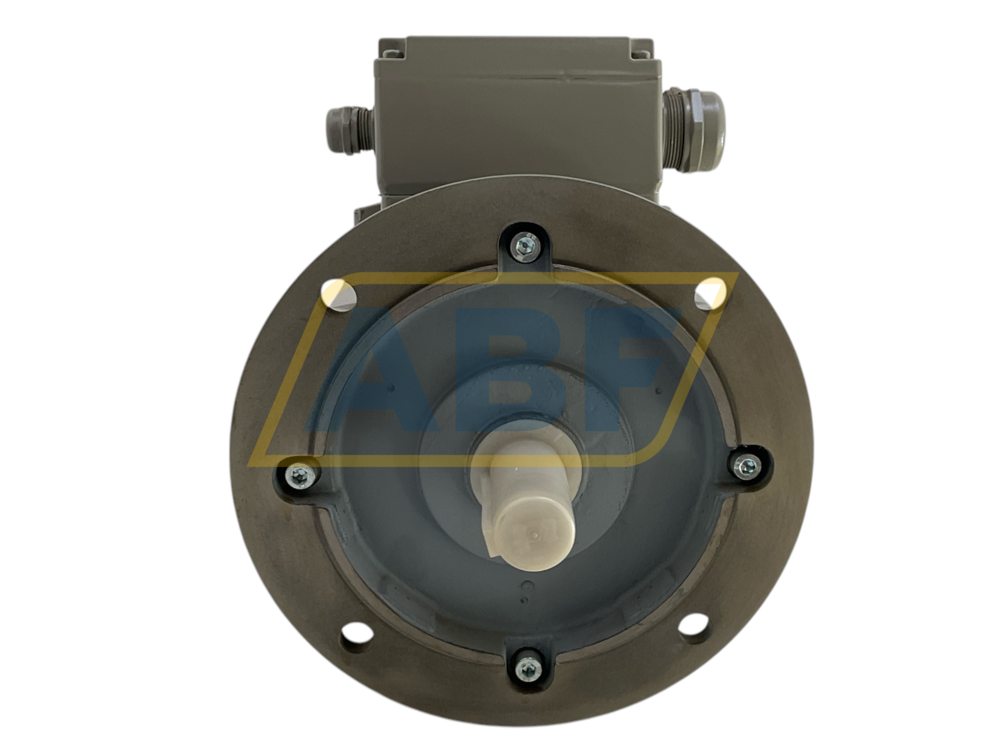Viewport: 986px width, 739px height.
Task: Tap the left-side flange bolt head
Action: tap(298, 477)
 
